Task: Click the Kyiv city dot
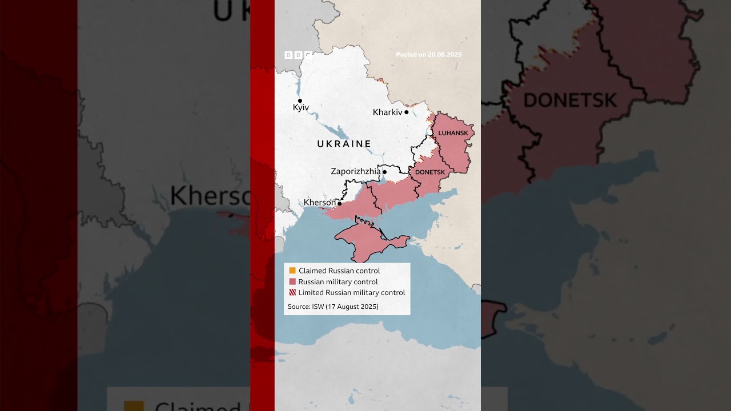coord(300,101)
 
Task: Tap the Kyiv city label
coord(301,108)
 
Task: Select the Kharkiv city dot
coord(407,112)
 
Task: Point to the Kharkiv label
coord(388,112)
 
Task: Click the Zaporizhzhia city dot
coord(384,172)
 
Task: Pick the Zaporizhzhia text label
coord(356,171)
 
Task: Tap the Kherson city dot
coord(340,203)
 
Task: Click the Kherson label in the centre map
coord(320,203)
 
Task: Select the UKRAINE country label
coord(344,144)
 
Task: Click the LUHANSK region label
coord(453,133)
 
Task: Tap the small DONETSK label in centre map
coord(430,172)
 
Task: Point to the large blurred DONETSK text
coord(570,100)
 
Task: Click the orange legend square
coord(292,271)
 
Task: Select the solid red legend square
coord(292,281)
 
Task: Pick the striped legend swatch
coord(292,292)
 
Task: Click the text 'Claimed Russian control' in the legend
coord(339,271)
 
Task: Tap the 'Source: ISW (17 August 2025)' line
coord(333,307)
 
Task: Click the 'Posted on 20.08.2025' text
coord(429,55)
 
